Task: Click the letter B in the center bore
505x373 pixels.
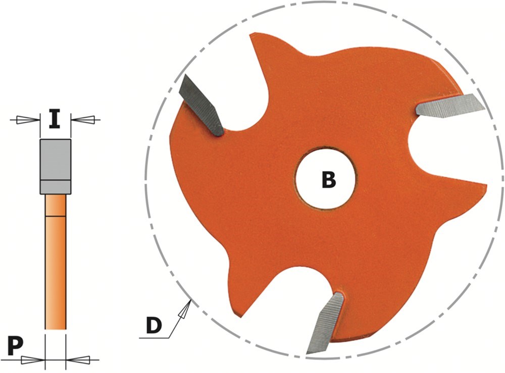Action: click(329, 180)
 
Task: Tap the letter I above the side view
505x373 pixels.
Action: click(55, 119)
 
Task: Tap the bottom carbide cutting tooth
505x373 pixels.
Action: click(325, 324)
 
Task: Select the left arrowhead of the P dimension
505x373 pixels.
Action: click(33, 359)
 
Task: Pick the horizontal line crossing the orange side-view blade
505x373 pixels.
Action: click(56, 216)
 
